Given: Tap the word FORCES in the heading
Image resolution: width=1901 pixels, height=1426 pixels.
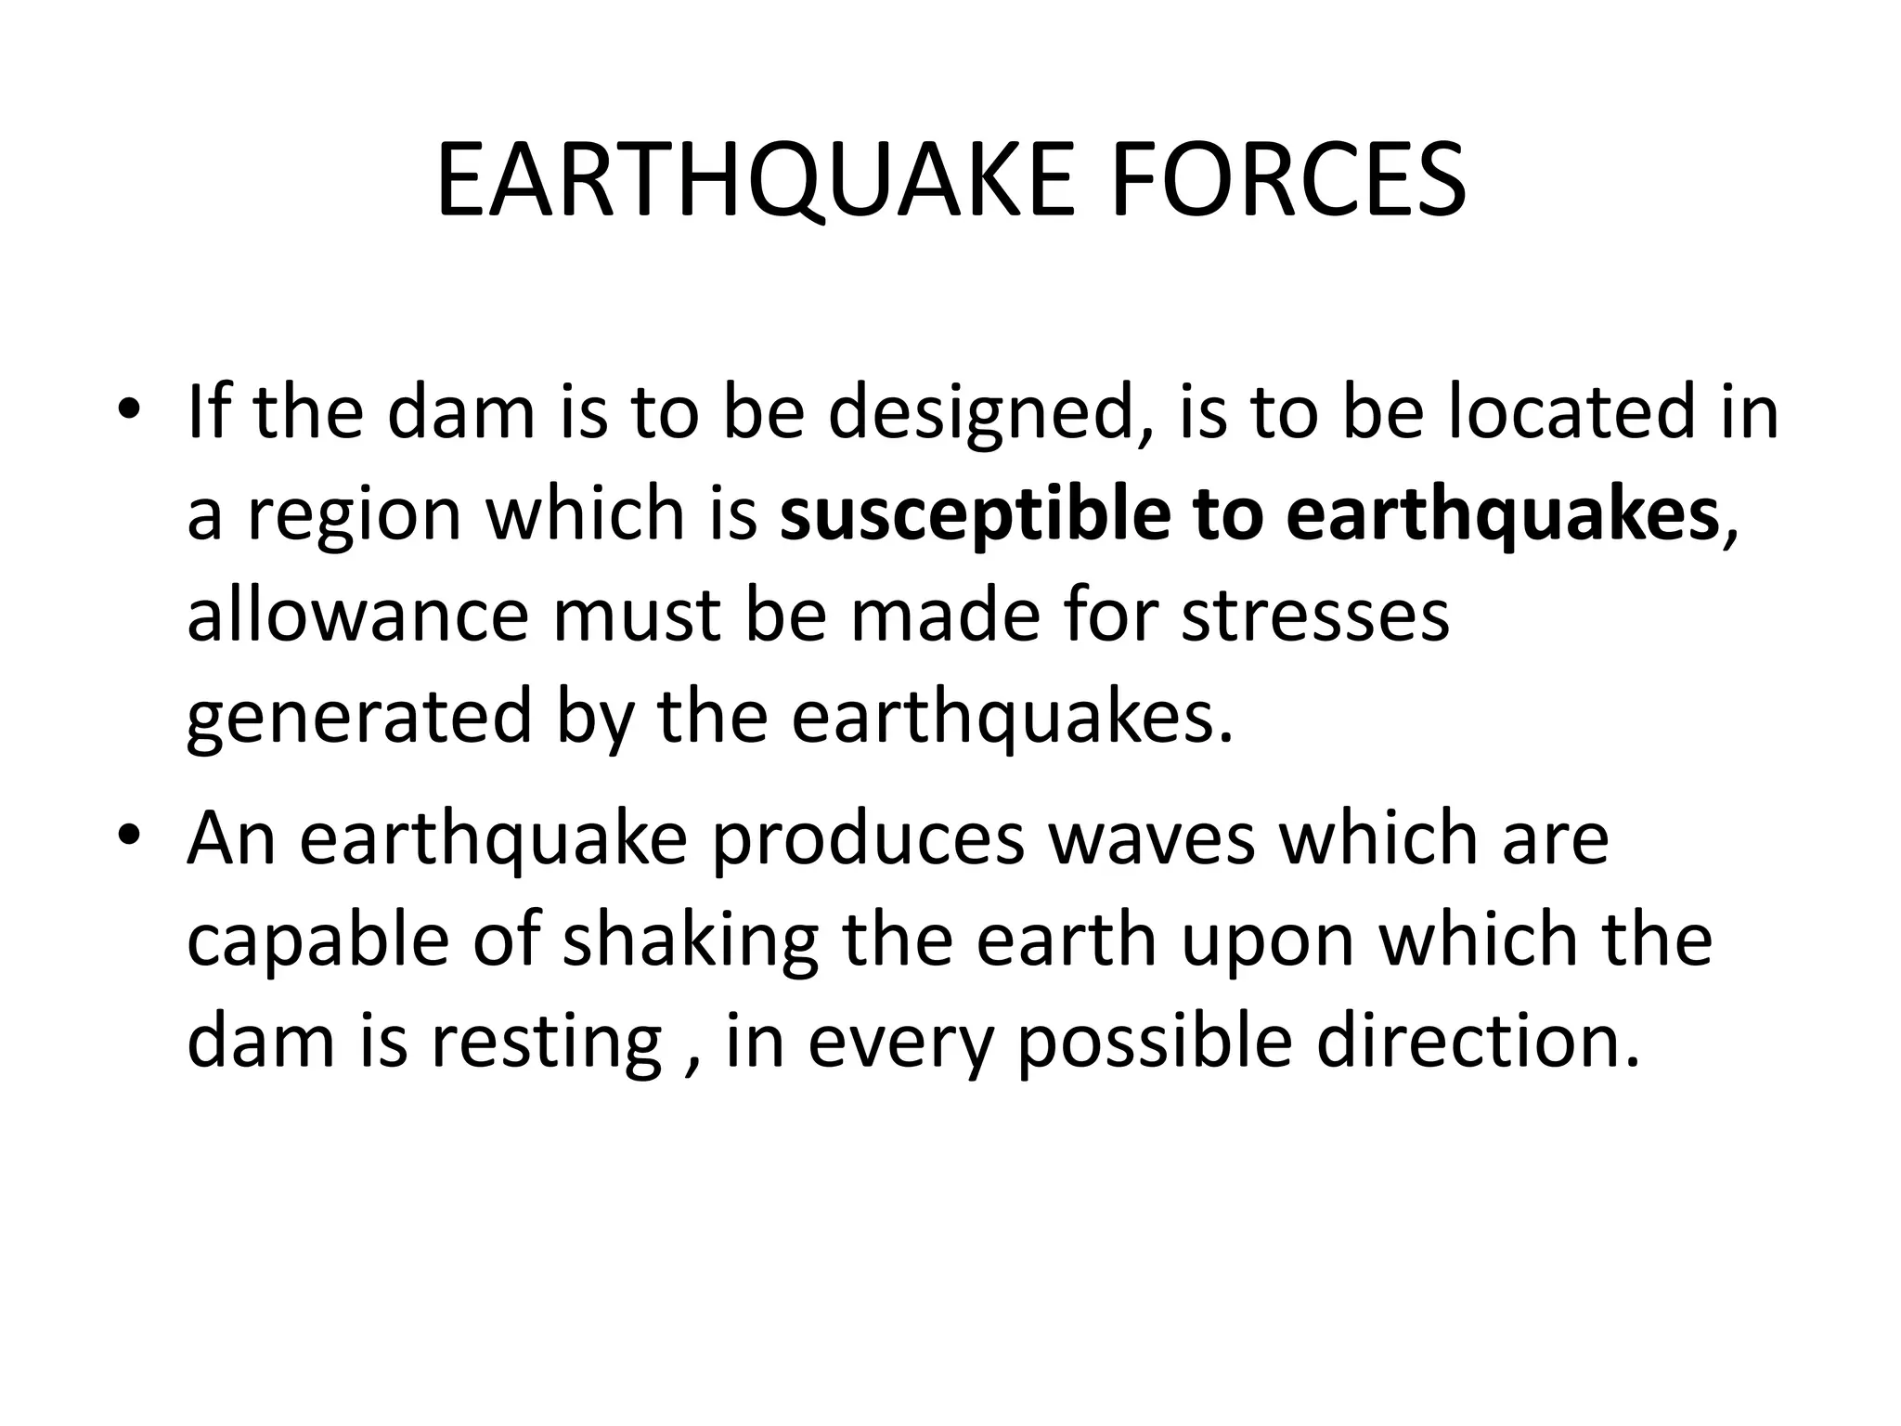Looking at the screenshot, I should (x=1288, y=182).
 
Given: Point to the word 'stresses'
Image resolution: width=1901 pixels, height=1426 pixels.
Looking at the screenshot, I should (x=1314, y=616).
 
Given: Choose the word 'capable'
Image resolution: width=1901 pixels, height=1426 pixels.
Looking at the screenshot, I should (x=319, y=941).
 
